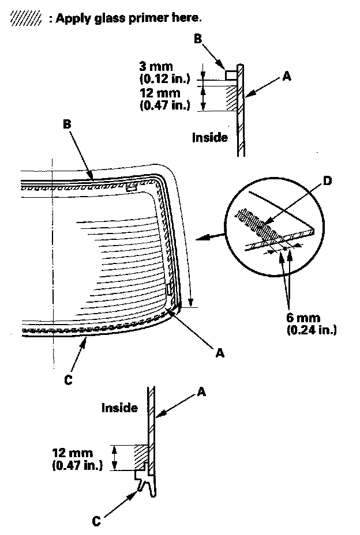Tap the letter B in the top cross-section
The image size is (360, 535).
tap(197, 39)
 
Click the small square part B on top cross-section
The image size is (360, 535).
tap(230, 75)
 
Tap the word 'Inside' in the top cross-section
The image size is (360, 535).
tap(210, 137)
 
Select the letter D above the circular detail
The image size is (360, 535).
tap(327, 182)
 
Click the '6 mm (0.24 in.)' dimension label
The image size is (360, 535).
tap(311, 324)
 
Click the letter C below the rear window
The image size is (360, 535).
tap(69, 380)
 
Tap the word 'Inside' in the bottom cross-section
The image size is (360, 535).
tap(119, 408)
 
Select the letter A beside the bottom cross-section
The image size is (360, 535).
tap(201, 392)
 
